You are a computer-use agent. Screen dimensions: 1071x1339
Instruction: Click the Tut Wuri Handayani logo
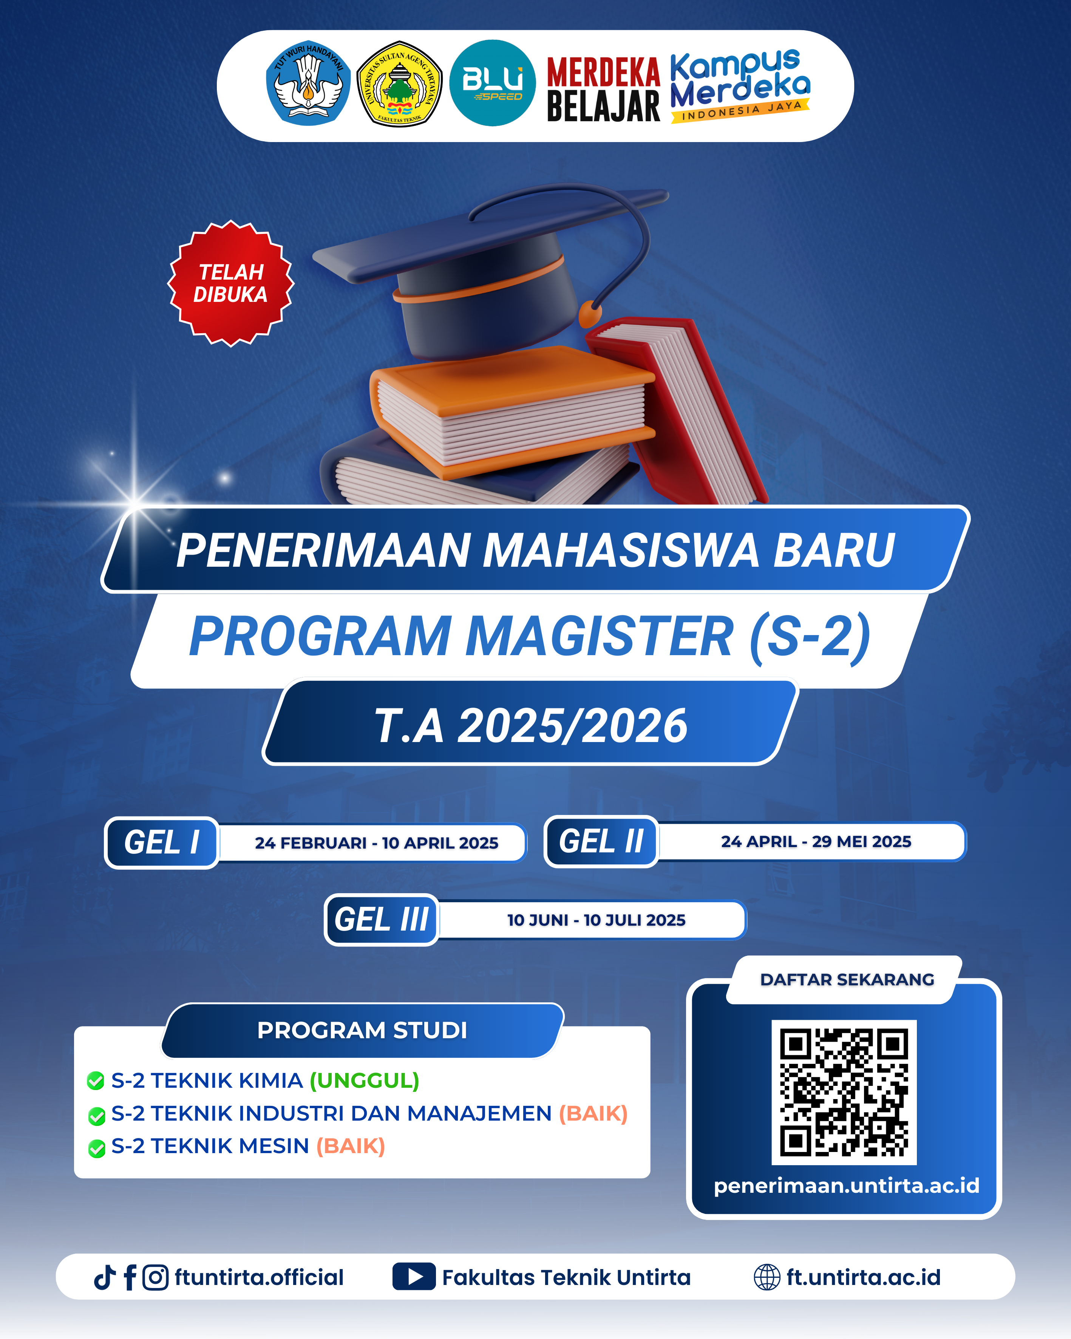pyautogui.click(x=308, y=83)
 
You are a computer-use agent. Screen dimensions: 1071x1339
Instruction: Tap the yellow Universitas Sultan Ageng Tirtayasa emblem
pyautogui.click(x=399, y=83)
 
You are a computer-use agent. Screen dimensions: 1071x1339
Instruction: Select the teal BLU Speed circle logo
pyautogui.click(x=492, y=83)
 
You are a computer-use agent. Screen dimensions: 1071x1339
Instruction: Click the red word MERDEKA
pyautogui.click(x=603, y=73)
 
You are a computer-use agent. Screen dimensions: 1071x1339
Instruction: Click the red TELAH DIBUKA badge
pyautogui.click(x=231, y=283)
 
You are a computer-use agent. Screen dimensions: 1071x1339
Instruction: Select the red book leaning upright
pyautogui.click(x=677, y=410)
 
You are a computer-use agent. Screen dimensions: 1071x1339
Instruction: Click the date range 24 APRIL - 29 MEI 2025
pyautogui.click(x=816, y=841)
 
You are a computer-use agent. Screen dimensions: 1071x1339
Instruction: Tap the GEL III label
pyautogui.click(x=381, y=920)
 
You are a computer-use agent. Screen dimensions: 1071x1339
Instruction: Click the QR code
pyautogui.click(x=844, y=1092)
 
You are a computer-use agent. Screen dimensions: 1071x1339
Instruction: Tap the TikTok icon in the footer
pyautogui.click(x=105, y=1277)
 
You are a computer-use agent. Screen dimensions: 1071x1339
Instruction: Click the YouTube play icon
pyautogui.click(x=414, y=1277)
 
